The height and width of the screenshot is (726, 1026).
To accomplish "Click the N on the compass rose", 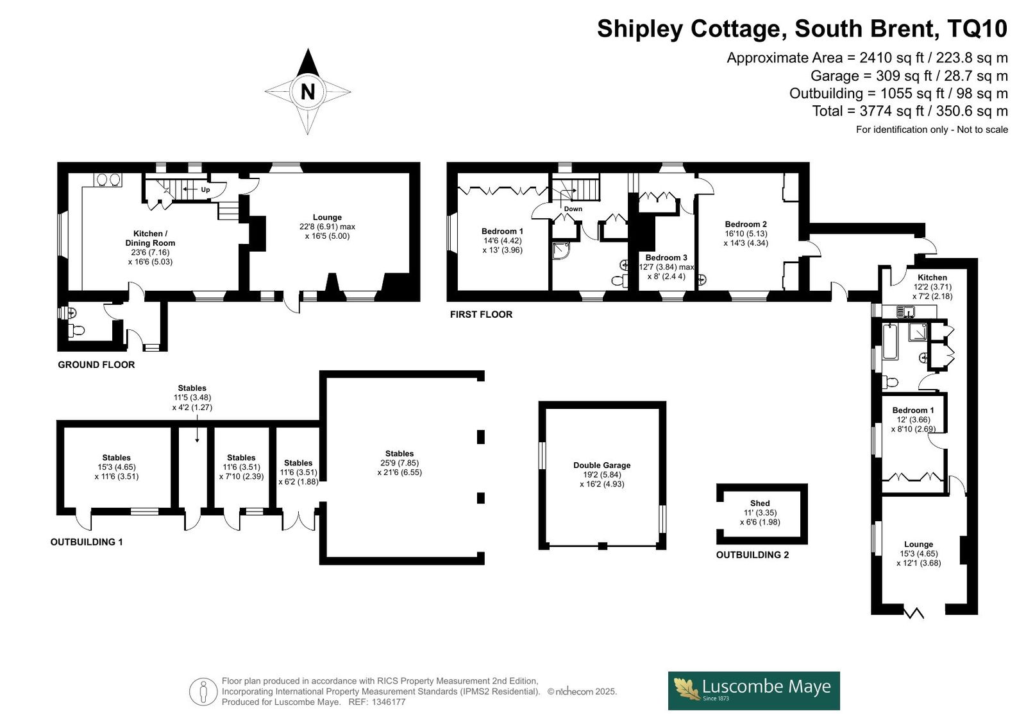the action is [308, 92].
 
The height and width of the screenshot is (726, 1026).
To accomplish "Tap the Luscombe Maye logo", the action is [753, 691].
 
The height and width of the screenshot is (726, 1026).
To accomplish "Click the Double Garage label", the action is [602, 465].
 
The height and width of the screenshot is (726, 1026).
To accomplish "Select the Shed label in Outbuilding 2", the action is [760, 503].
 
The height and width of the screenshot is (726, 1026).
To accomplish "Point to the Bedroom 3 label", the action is [666, 258].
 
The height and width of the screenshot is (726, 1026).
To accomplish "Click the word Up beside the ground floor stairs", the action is [205, 189].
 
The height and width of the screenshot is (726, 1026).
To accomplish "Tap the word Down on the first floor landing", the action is [573, 209].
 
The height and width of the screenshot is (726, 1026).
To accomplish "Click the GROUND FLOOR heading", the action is [96, 365].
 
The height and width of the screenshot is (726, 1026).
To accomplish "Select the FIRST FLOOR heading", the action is [481, 314].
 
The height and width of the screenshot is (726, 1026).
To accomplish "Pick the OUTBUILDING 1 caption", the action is [87, 542].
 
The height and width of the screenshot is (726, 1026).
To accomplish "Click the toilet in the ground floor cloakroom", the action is [76, 330].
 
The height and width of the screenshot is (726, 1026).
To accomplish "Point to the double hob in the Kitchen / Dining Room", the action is [108, 179].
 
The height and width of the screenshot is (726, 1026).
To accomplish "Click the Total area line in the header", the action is [910, 111].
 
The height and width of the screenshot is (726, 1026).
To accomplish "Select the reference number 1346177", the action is [388, 702].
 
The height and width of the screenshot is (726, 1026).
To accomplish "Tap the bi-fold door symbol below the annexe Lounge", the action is [914, 613].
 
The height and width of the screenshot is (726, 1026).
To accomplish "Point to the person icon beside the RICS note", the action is [203, 691].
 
